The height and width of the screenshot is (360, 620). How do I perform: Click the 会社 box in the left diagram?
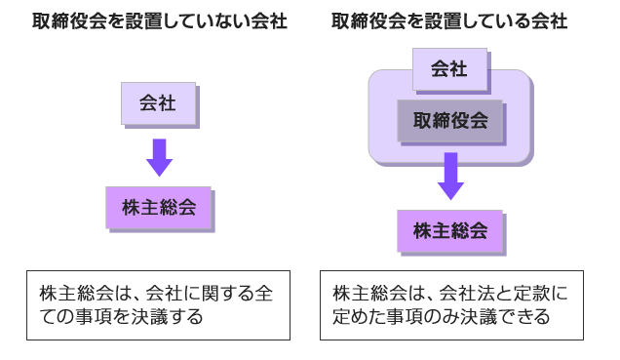tap(157, 103)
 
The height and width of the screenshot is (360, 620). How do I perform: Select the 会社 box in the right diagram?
tap(448, 69)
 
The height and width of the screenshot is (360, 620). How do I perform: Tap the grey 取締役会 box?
tap(449, 122)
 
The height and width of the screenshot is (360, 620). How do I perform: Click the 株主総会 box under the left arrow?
tap(158, 207)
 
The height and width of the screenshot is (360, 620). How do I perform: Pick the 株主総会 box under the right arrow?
tap(449, 231)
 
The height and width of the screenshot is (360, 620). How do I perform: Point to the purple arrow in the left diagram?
tap(159, 156)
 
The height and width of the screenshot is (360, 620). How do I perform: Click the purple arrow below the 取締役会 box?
tap(449, 176)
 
